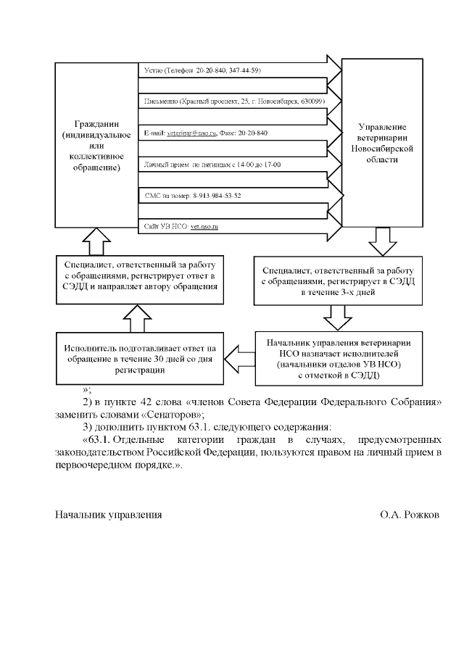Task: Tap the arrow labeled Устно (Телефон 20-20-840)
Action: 203,70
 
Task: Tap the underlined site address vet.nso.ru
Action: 204,227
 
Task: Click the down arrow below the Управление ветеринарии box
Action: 382,238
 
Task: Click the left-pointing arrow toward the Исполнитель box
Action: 239,354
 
